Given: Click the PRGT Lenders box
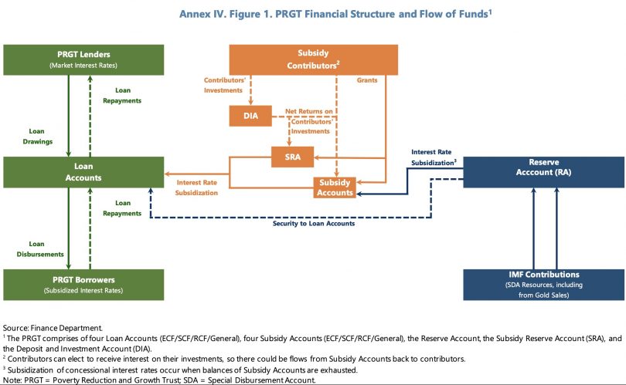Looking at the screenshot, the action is pos(83,59).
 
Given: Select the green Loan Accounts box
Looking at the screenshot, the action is pos(83,172).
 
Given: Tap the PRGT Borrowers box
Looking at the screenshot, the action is pos(83,285).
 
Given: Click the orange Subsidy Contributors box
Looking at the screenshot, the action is pos(314,59).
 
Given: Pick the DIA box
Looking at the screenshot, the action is pos(250,116).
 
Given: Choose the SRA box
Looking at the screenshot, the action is pos(293,157).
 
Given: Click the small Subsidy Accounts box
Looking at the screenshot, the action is pos(335,187).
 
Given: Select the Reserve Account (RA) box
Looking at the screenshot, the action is pos(544,172).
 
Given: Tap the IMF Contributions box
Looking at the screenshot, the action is pos(544,285).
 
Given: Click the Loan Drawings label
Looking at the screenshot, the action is pos(37,137).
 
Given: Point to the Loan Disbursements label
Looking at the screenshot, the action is pos(40,249).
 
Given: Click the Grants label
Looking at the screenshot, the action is pos(367,80).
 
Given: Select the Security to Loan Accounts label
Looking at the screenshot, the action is pos(314,224).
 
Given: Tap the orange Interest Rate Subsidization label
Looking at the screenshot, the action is pos(196,187).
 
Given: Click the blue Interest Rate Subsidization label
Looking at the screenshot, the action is pos(434,157).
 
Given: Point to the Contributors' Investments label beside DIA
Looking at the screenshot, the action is pos(224,86).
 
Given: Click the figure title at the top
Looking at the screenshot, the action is pos(335,14).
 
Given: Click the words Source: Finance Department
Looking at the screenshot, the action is pos(53,328).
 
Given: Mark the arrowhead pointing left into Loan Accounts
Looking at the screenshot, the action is pos(167,174).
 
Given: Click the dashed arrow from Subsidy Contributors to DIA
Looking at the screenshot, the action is pos(250,90).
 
